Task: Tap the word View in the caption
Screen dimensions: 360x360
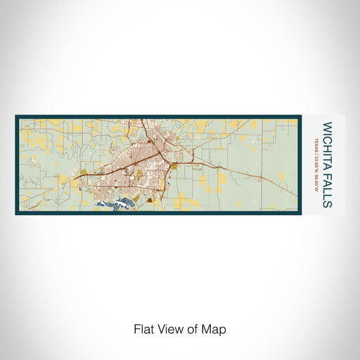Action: [169, 328]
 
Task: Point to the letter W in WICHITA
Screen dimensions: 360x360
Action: [327, 127]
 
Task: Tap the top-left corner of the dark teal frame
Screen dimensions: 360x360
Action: [15, 116]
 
